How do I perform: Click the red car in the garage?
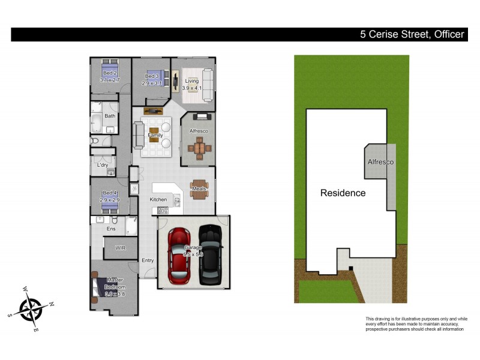pyautogui.click(x=178, y=255)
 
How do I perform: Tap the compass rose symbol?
pyautogui.click(x=31, y=310)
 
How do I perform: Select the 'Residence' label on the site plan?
pyautogui.click(x=343, y=193)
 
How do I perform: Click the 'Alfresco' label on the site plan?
pyautogui.click(x=380, y=162)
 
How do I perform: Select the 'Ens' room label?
pyautogui.click(x=111, y=229)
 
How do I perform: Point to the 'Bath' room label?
pyautogui.click(x=110, y=116)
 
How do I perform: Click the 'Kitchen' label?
pyautogui.click(x=158, y=199)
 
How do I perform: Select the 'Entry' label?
pyautogui.click(x=148, y=260)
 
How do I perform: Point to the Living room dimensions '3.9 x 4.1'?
pyautogui.click(x=192, y=88)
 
